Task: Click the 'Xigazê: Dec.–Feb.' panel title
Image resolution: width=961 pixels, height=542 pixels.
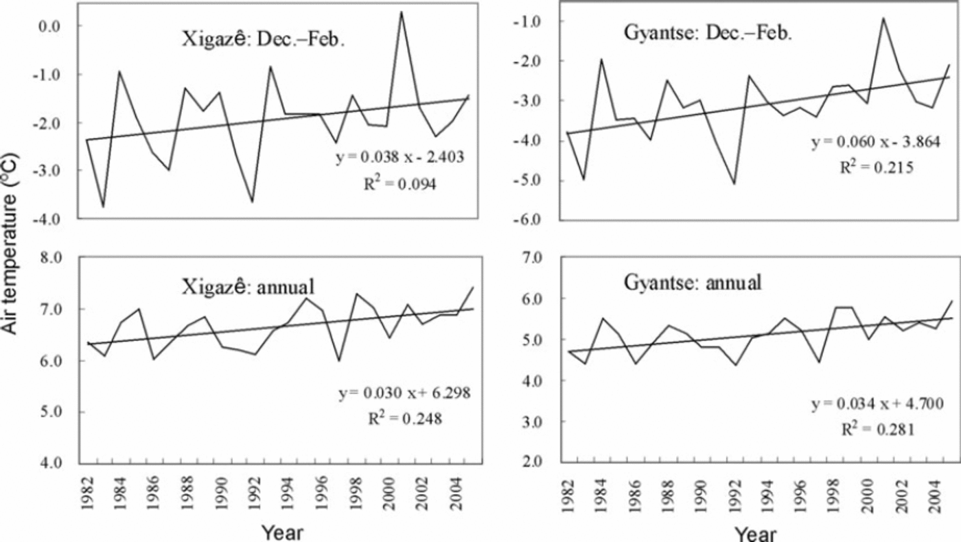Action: click(x=264, y=40)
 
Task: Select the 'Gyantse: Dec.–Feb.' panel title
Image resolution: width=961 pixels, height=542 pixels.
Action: click(x=708, y=33)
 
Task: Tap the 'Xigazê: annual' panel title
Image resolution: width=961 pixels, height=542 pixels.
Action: click(x=248, y=286)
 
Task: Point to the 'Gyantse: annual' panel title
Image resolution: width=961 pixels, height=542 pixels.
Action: click(x=693, y=283)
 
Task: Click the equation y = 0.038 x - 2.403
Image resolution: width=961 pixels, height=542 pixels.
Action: click(x=400, y=157)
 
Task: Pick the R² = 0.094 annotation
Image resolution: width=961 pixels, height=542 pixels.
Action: click(x=400, y=184)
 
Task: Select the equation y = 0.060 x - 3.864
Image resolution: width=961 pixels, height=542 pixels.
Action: click(x=876, y=142)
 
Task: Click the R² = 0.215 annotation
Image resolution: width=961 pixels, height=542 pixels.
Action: click(x=877, y=167)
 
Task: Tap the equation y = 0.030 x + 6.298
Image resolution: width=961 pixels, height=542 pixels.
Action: click(x=404, y=392)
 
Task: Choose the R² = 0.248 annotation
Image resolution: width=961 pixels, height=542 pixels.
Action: click(x=405, y=419)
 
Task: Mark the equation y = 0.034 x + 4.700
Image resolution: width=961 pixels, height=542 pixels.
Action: click(x=877, y=404)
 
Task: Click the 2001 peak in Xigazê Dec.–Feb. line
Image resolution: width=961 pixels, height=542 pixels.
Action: click(x=401, y=12)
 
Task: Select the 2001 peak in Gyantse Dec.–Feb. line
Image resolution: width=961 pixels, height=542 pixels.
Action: click(x=883, y=18)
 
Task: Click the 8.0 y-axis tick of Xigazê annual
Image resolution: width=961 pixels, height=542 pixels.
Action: click(x=51, y=258)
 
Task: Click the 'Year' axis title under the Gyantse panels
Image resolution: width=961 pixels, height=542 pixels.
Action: click(x=756, y=534)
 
